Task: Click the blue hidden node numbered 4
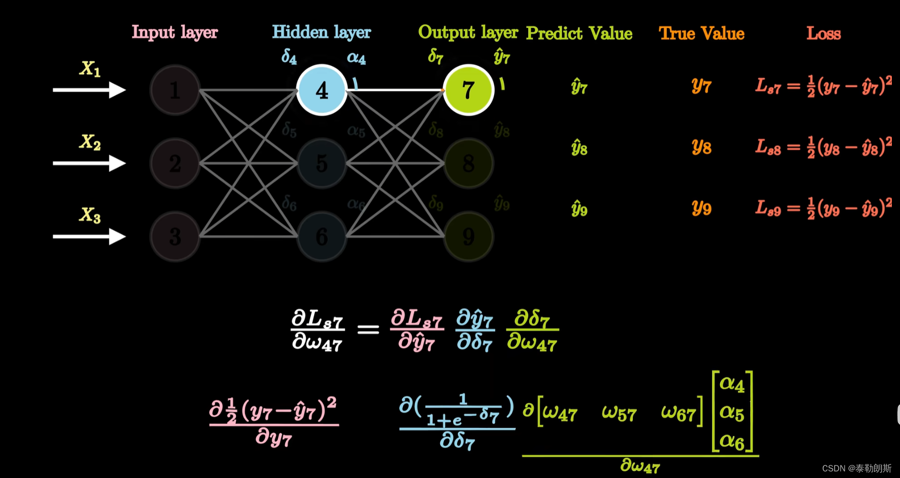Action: [x=322, y=90]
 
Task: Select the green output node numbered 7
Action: [x=468, y=90]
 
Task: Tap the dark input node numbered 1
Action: [x=175, y=90]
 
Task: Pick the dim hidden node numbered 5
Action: [x=322, y=163]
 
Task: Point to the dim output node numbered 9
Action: [x=468, y=236]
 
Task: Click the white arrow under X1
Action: [x=89, y=90]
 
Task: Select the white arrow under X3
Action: [x=89, y=236]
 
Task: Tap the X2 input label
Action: [x=90, y=142]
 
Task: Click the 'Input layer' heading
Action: [x=175, y=32]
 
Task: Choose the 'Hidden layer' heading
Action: [x=322, y=32]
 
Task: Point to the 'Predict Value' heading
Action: [x=579, y=33]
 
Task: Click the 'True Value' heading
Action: [x=701, y=33]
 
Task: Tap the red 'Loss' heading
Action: [x=823, y=33]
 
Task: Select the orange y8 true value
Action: [x=701, y=147]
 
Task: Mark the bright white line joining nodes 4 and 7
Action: [x=395, y=90]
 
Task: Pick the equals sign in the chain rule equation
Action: [x=368, y=330]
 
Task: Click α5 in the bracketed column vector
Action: [x=732, y=413]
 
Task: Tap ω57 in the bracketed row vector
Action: [x=619, y=413]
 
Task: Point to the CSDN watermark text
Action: [x=856, y=468]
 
